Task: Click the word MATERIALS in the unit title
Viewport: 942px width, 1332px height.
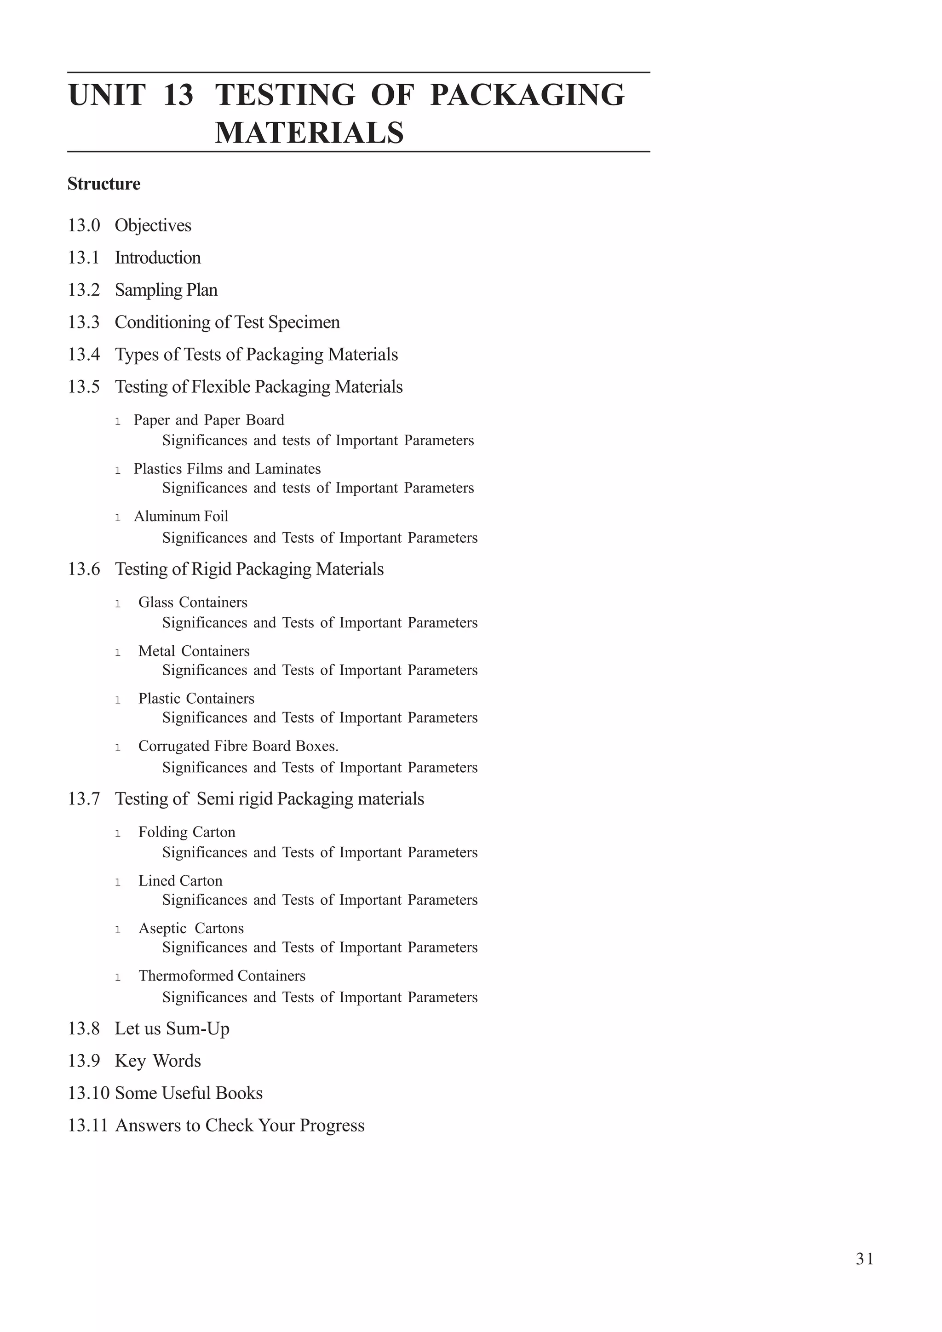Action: pyautogui.click(x=309, y=133)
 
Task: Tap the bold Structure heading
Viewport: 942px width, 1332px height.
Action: pyautogui.click(x=104, y=184)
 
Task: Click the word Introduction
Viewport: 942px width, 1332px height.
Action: pyautogui.click(x=158, y=258)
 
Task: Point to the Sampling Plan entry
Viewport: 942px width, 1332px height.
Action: pyautogui.click(x=166, y=290)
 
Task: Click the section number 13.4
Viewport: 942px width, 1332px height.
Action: pyautogui.click(x=84, y=355)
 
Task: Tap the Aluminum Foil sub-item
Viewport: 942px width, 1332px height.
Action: pyautogui.click(x=181, y=517)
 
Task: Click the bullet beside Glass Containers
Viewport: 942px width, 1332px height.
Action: pyautogui.click(x=118, y=604)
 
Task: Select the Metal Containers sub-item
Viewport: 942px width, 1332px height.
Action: pyautogui.click(x=194, y=651)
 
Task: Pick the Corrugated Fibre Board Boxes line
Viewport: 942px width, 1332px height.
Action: pyautogui.click(x=238, y=746)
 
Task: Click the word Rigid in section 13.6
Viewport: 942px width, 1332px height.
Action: pyautogui.click(x=212, y=569)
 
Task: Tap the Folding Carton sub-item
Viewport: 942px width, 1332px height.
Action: pyautogui.click(x=187, y=832)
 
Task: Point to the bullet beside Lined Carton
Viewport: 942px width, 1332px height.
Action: pyautogui.click(x=118, y=882)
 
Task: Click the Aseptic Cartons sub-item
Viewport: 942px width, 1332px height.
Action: pyautogui.click(x=191, y=928)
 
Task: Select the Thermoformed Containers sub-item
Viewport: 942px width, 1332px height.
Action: pyautogui.click(x=222, y=976)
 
